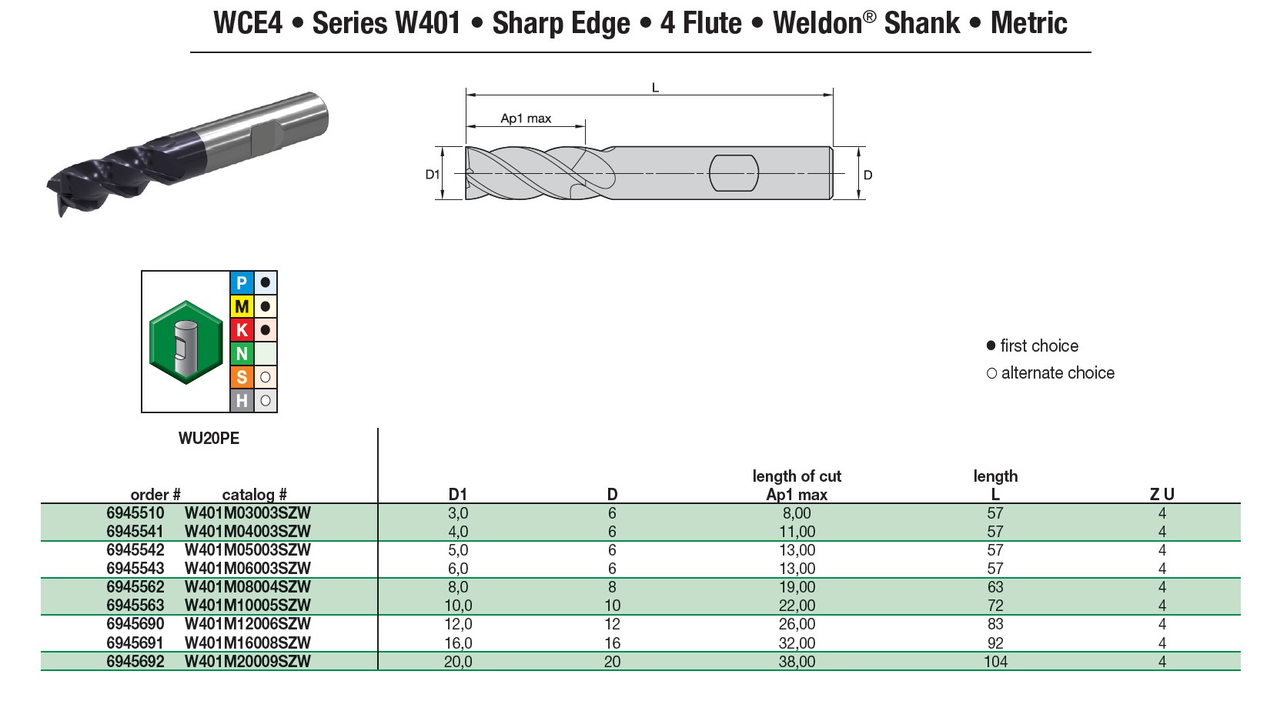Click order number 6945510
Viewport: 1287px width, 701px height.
pyautogui.click(x=135, y=513)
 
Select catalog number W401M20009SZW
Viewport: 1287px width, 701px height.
pyautogui.click(x=247, y=662)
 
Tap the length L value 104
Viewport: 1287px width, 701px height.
pyautogui.click(x=994, y=662)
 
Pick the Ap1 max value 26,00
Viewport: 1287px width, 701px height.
pyautogui.click(x=796, y=624)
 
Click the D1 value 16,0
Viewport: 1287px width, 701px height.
pyautogui.click(x=457, y=643)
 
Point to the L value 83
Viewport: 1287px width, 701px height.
pyautogui.click(x=994, y=624)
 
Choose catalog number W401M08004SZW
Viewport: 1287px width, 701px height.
pyautogui.click(x=247, y=587)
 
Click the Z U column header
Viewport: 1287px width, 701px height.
pyautogui.click(x=1162, y=495)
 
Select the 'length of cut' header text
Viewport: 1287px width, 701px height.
pyautogui.click(x=796, y=476)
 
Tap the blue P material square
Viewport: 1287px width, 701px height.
pyautogui.click(x=242, y=283)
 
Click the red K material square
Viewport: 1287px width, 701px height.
pyautogui.click(x=242, y=330)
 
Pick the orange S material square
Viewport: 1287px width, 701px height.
pyautogui.click(x=242, y=377)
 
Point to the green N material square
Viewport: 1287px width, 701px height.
pyautogui.click(x=242, y=353)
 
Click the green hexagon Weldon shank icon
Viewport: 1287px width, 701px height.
pyautogui.click(x=186, y=342)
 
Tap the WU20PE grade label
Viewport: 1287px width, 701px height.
pyautogui.click(x=209, y=439)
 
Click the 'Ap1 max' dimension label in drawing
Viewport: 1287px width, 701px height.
pyautogui.click(x=526, y=119)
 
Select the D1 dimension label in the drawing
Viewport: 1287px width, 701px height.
pyautogui.click(x=433, y=175)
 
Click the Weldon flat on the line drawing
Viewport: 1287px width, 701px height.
pyautogui.click(x=733, y=173)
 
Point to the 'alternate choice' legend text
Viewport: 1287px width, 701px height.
pyautogui.click(x=1057, y=373)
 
